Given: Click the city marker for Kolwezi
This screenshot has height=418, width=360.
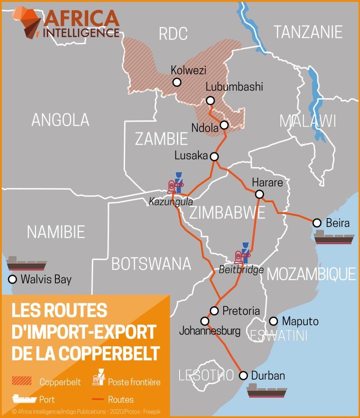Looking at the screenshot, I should (177, 82).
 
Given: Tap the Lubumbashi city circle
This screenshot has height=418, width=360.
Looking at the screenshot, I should (210, 100).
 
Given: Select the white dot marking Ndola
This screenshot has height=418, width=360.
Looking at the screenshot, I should (224, 125).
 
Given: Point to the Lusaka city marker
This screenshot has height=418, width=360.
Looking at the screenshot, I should (214, 157).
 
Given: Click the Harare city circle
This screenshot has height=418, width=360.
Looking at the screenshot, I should (259, 194).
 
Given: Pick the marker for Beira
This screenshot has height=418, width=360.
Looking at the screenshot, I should (317, 223).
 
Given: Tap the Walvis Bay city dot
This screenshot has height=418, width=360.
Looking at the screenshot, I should (12, 279).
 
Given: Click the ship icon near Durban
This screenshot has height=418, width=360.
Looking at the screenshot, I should (267, 391).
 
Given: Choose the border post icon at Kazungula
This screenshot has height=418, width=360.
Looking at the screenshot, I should (175, 183).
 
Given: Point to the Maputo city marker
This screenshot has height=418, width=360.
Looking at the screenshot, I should (273, 321).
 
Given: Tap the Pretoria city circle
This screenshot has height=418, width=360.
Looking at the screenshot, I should (214, 311).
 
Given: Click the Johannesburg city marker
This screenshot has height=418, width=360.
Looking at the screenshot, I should (205, 321).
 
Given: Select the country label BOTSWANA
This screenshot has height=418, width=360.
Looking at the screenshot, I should (151, 264).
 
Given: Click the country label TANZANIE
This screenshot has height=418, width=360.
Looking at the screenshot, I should (308, 32).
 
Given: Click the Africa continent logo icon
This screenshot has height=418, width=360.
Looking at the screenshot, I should (26, 21).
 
